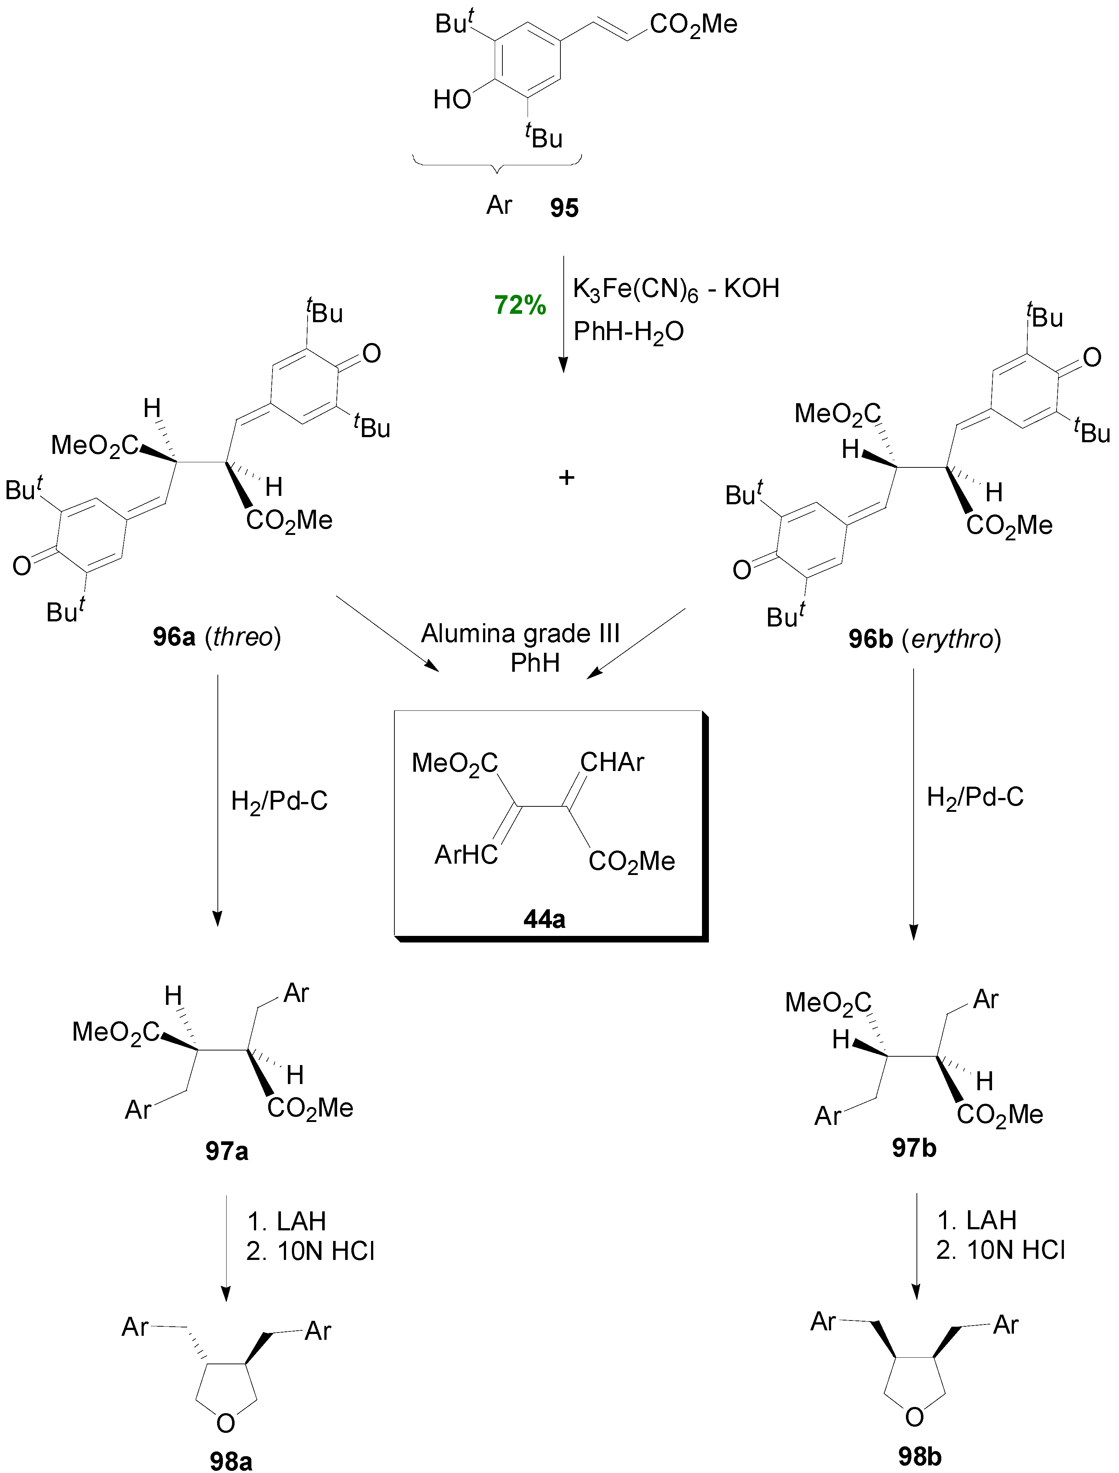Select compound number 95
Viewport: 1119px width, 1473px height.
[x=563, y=208]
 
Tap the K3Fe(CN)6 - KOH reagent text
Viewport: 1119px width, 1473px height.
[x=675, y=289]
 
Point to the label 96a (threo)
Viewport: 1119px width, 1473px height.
[x=216, y=637]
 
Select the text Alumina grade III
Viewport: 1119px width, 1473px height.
[x=520, y=633]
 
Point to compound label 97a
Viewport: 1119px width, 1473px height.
[x=227, y=1151]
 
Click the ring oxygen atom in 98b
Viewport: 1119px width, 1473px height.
[x=915, y=1416]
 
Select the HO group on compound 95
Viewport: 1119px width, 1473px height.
[x=452, y=100]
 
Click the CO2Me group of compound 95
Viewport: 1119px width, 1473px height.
[x=693, y=25]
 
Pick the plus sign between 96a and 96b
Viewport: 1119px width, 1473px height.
[x=566, y=477]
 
